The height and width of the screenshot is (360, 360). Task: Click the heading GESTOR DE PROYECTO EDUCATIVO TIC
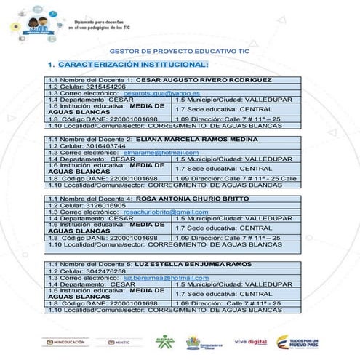click(179, 52)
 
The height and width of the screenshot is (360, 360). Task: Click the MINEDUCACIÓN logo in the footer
click(66, 342)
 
